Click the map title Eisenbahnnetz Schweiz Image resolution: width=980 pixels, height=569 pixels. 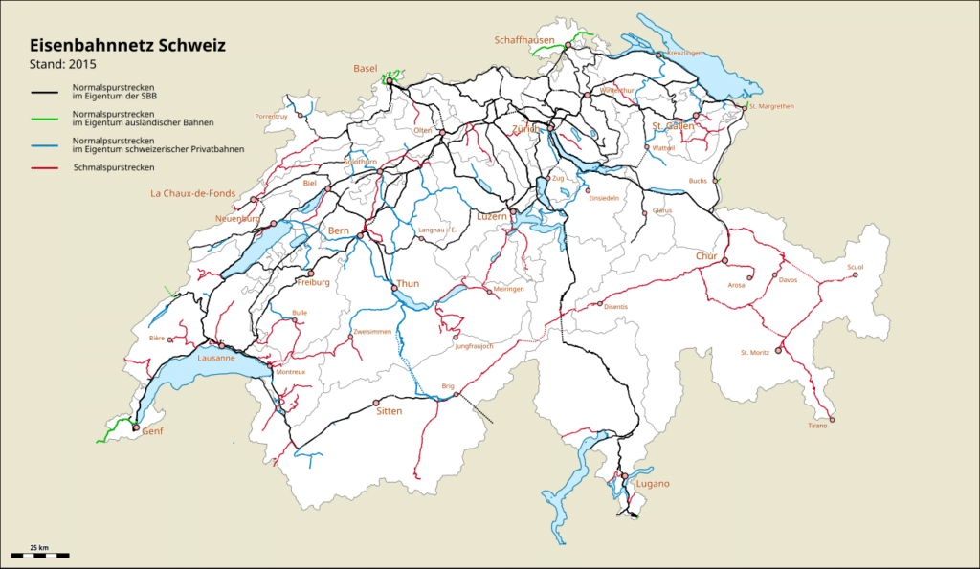click(128, 45)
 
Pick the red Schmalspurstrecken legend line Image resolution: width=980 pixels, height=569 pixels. click(49, 168)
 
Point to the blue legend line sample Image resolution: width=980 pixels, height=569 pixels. click(49, 143)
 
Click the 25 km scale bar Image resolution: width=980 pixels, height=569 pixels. click(39, 554)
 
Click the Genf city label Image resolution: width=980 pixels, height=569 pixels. click(152, 431)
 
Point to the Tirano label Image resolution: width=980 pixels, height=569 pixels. click(816, 426)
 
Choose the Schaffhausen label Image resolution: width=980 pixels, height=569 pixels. click(524, 40)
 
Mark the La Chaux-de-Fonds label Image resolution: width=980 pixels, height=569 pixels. click(192, 193)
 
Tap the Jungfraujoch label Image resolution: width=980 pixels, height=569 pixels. click(474, 346)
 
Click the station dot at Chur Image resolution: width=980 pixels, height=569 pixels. click(724, 260)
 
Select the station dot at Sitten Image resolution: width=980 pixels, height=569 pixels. click(376, 402)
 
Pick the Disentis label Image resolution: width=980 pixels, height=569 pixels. click(617, 307)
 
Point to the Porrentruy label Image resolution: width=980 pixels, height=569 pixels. click(272, 116)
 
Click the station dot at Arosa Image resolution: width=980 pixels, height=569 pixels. click(749, 277)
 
